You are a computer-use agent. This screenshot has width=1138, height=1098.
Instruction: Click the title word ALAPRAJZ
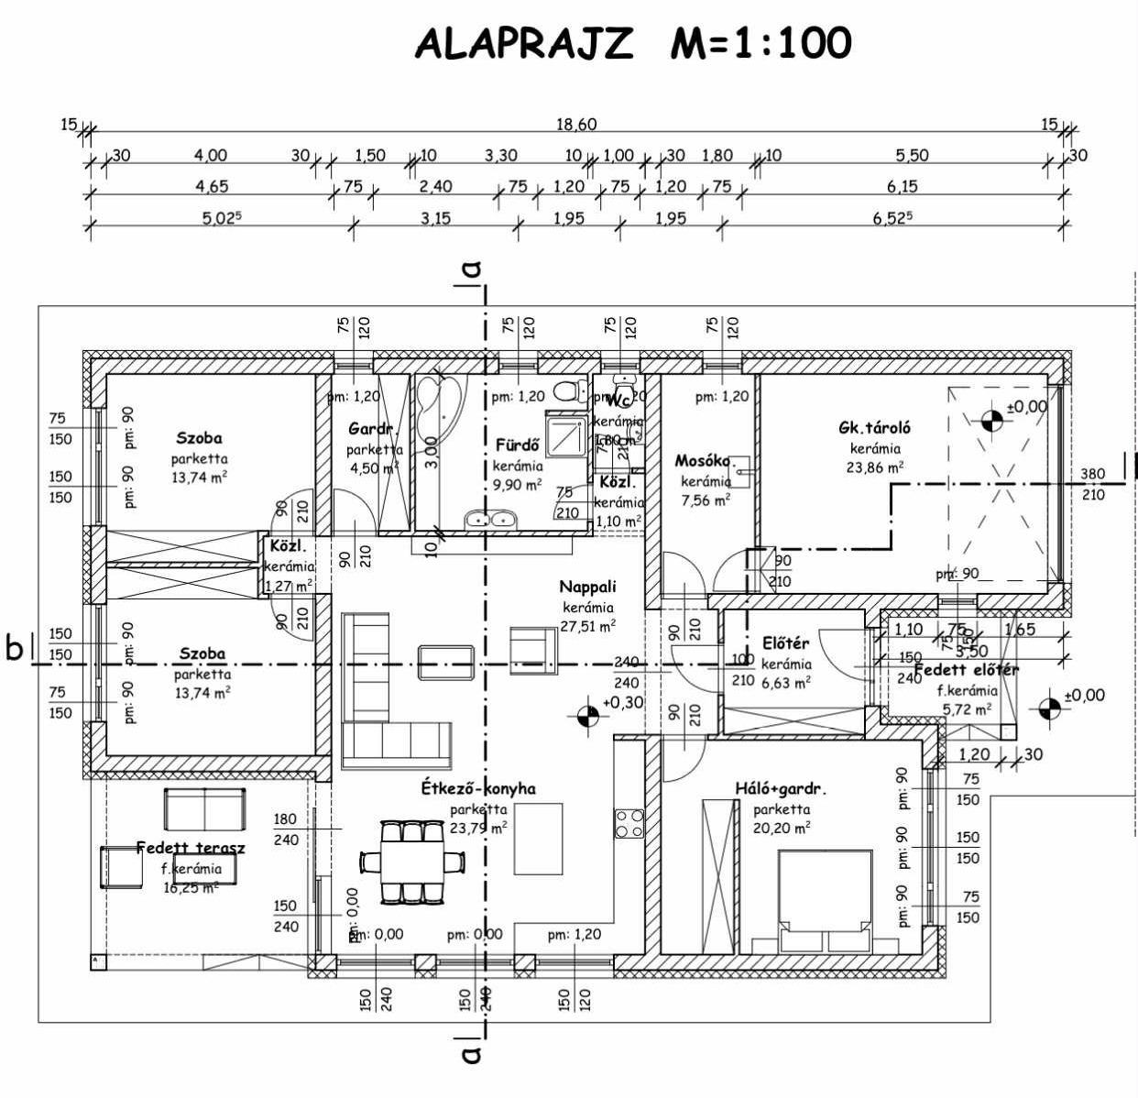(523, 43)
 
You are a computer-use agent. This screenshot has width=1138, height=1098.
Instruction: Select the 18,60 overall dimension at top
(576, 125)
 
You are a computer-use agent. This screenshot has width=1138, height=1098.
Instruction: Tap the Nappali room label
(587, 587)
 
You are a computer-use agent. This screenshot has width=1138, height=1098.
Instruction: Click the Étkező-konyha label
(478, 788)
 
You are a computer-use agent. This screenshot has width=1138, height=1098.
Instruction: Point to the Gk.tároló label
(874, 427)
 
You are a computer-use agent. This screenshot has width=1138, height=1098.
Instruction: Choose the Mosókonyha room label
(703, 461)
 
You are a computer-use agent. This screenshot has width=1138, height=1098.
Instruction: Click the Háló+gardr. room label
(781, 788)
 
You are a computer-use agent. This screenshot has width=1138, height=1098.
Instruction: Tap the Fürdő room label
(518, 445)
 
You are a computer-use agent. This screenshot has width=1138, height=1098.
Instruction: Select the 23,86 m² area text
(875, 467)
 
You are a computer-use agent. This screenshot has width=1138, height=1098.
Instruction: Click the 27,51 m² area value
(587, 626)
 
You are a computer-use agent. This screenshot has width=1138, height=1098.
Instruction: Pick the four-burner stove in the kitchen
(629, 823)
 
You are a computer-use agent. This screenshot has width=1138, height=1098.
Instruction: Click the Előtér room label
(785, 643)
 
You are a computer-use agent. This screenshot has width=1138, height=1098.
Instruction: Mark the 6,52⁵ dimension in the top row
(893, 218)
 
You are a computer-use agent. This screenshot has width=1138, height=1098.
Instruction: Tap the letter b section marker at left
(14, 648)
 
